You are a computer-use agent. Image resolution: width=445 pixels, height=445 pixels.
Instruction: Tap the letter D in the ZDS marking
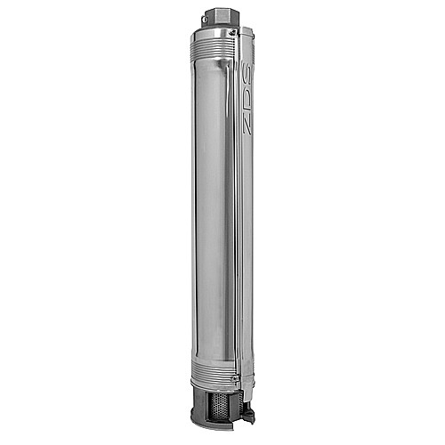pos(247,106)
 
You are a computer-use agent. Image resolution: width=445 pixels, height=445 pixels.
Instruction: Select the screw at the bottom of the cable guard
pos(234,379)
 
